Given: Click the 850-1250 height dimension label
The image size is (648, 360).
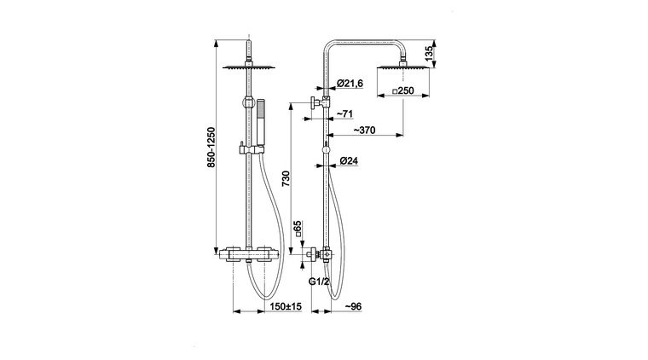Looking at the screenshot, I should tap(211, 149).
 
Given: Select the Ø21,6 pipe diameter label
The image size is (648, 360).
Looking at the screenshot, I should tap(351, 83).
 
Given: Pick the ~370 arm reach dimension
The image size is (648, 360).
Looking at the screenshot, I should tap(365, 131).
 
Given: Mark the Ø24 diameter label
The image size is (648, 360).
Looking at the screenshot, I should tap(348, 160).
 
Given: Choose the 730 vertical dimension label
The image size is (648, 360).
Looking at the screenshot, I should tap(286, 178).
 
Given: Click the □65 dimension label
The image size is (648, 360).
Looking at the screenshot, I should tap(297, 229).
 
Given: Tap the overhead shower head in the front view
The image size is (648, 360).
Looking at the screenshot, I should tap(248, 67).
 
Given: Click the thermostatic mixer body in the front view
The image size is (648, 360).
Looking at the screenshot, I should tap(248, 253).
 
